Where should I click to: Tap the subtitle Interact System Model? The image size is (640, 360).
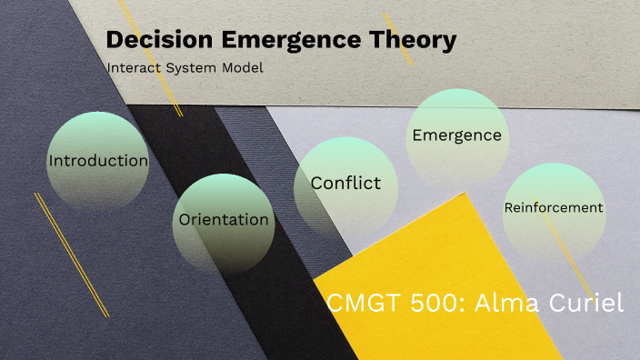[x=185, y=68]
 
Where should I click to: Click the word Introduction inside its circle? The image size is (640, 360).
[x=98, y=161]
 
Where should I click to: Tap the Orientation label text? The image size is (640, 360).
[x=224, y=219]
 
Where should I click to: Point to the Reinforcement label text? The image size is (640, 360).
[x=554, y=207]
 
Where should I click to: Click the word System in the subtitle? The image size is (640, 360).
[x=193, y=68]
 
